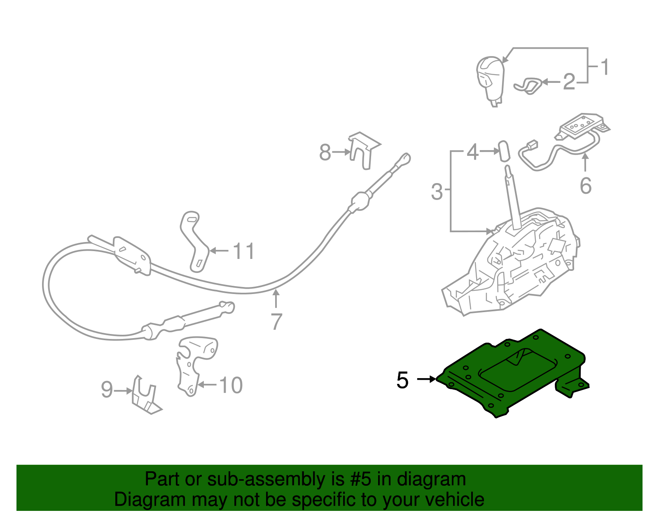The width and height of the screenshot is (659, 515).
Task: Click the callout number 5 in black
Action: point(402,380)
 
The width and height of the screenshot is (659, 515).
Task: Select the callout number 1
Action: point(604,67)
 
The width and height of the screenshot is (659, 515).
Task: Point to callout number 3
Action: point(437,192)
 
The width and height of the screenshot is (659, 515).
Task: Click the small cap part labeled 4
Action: point(503,151)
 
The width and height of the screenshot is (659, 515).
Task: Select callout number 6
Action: point(585,186)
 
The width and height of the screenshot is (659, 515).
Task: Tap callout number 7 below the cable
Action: point(276,322)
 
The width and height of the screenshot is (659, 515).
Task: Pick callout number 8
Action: point(325,153)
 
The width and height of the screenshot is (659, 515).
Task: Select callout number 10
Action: point(231,386)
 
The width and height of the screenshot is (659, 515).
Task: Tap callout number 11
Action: point(244,251)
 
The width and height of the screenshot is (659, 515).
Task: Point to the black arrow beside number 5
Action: point(426,379)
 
